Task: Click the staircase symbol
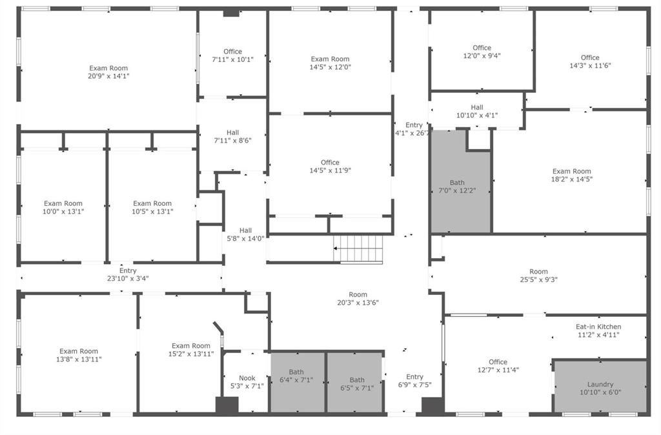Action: [358, 249]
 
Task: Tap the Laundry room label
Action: [600, 388]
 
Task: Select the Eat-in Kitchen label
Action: [598, 330]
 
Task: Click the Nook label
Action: [247, 382]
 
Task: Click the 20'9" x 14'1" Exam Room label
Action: [108, 72]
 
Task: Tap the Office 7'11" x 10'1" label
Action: [232, 56]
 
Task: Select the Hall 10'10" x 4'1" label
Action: [477, 111]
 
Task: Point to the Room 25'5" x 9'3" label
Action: [538, 276]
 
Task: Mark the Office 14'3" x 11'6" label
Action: [590, 61]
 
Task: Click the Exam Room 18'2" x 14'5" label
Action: [572, 175]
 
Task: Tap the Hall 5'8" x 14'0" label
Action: [245, 234]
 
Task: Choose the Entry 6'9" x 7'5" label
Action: [414, 381]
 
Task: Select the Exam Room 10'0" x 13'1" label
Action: [63, 207]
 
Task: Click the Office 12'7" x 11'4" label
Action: [498, 366]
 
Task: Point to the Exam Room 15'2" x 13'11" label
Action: [191, 350]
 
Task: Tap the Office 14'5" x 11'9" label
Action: [330, 167]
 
